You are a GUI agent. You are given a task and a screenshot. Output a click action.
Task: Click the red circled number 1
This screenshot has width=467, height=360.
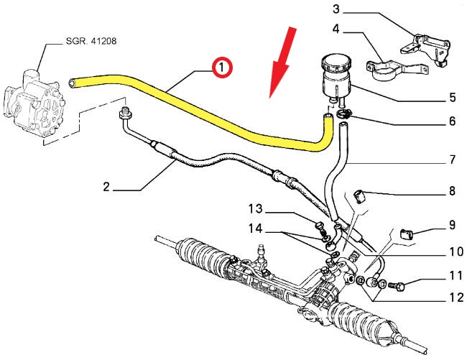click(x=221, y=68)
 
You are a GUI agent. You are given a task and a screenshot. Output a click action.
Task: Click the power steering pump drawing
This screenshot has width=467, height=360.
click(x=32, y=101)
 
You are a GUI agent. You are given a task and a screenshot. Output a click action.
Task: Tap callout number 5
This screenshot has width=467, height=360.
click(x=452, y=97)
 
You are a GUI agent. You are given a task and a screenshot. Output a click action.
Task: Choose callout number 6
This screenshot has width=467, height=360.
click(x=452, y=121)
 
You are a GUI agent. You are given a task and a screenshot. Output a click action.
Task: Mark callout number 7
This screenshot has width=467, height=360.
click(x=452, y=160)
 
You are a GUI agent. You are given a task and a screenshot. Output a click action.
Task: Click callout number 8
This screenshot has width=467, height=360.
click(x=452, y=191)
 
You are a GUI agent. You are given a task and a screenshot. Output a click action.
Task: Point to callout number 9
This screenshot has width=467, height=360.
click(x=452, y=225)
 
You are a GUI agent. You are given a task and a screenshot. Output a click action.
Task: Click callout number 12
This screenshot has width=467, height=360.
click(x=452, y=296)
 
